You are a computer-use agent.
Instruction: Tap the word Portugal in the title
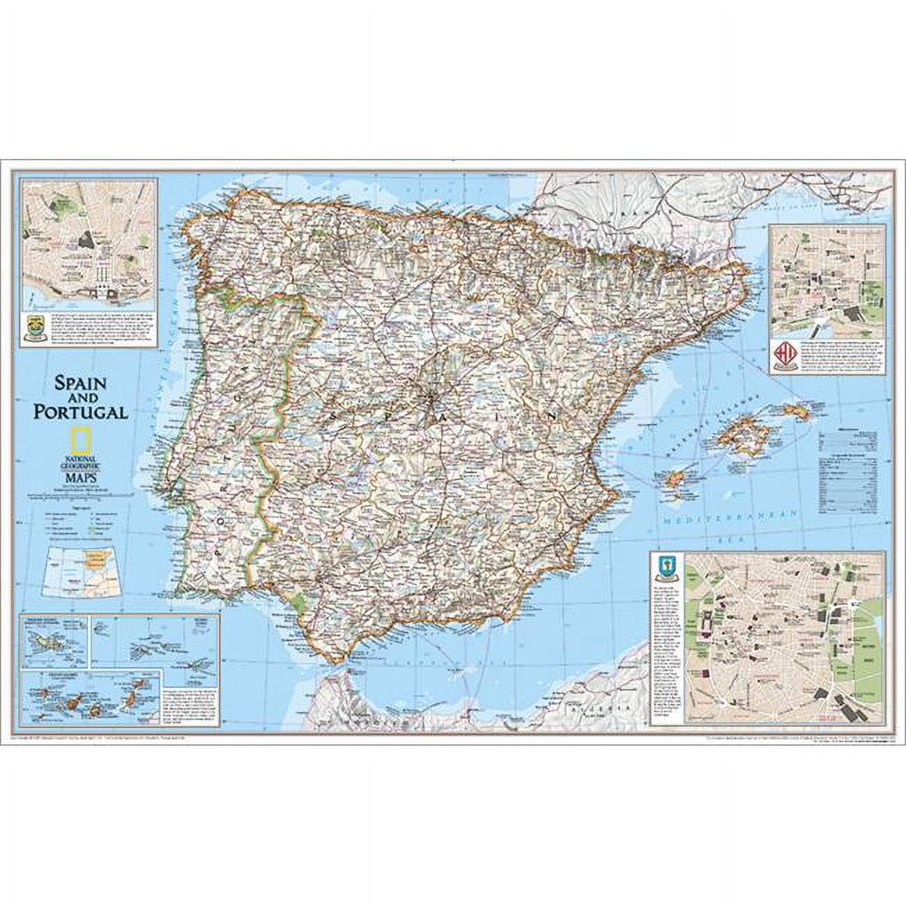click(x=82, y=411)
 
